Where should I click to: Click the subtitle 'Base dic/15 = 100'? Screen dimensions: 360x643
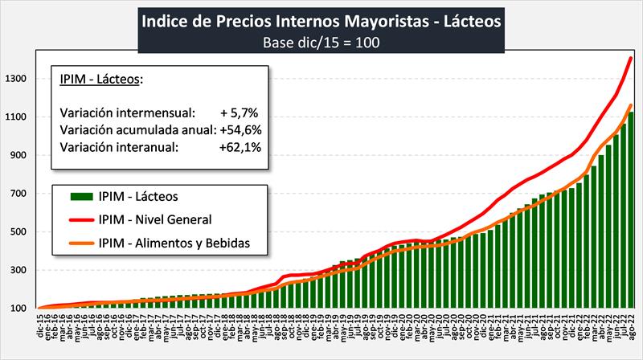321,41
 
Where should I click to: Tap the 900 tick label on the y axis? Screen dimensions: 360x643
18,155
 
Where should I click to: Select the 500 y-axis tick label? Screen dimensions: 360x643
18,232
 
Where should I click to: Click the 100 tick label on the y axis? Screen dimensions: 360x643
18,309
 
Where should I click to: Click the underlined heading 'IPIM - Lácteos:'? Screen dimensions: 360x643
100,79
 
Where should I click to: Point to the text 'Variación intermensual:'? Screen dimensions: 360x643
127,112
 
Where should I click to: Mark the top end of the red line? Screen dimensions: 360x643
631,58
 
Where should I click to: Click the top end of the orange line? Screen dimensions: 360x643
631,105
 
